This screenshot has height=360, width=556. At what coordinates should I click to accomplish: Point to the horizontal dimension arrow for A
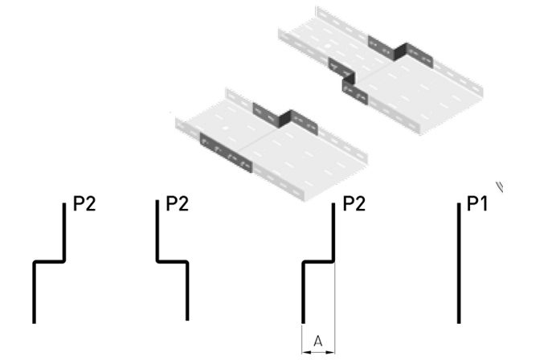click(x=317, y=350)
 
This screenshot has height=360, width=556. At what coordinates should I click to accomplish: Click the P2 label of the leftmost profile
click(x=84, y=204)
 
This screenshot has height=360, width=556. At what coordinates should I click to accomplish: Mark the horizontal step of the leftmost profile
click(x=49, y=262)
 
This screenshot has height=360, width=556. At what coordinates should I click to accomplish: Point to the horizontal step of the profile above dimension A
click(x=317, y=262)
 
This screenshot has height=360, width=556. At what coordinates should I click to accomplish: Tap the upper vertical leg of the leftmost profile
click(x=64, y=232)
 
